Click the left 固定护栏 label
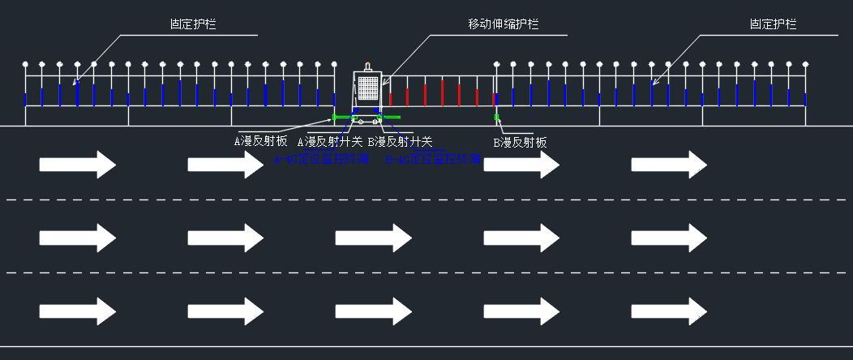tap(193, 24)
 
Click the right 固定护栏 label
tap(773, 24)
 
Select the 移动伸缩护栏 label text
tap(504, 24)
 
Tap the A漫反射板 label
tap(261, 141)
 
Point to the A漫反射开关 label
tap(330, 142)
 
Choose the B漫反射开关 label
tap(400, 142)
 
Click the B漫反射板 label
tap(521, 143)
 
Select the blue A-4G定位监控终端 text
tap(321, 159)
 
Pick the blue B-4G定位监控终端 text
tap(433, 159)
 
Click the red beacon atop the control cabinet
tap(368, 66)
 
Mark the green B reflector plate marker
tap(497, 118)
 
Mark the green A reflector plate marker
tap(334, 118)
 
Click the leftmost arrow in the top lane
tap(78, 165)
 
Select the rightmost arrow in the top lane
tap(669, 165)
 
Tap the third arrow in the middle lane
tap(374, 238)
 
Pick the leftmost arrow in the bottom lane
tap(78, 311)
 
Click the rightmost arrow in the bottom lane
tap(669, 311)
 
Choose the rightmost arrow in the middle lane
tap(669, 238)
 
